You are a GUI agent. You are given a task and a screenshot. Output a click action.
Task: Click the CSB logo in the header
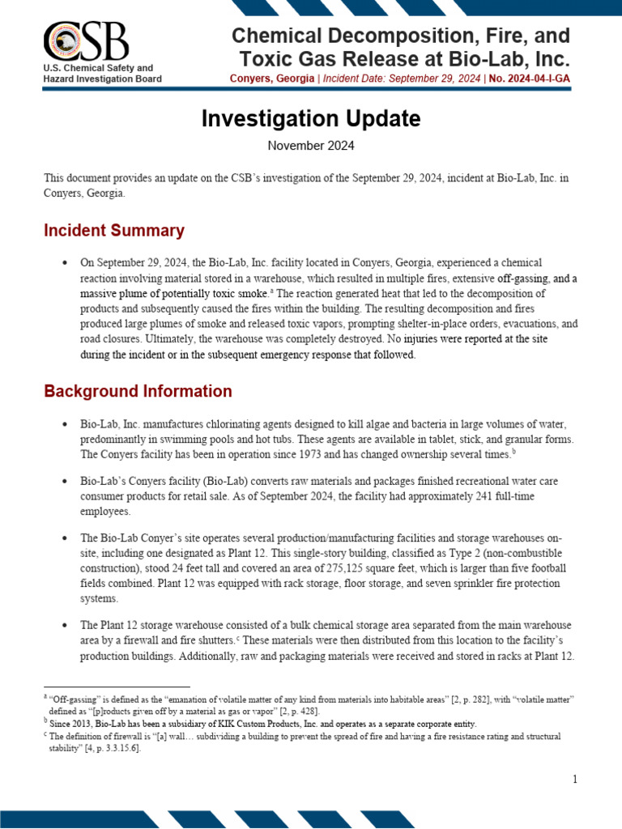[x=85, y=45]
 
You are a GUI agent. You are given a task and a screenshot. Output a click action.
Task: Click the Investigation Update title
[x=311, y=119]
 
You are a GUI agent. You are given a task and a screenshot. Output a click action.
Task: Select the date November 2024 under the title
[x=311, y=147]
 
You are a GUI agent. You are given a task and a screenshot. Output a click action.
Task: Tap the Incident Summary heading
[x=114, y=231]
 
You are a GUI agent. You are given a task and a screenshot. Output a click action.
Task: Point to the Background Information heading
[x=138, y=392]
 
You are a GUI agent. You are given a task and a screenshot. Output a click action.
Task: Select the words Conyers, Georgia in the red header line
[x=269, y=79]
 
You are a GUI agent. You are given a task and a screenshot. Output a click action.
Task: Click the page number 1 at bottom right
[x=574, y=779]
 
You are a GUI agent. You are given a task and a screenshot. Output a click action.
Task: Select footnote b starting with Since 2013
[x=262, y=723]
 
